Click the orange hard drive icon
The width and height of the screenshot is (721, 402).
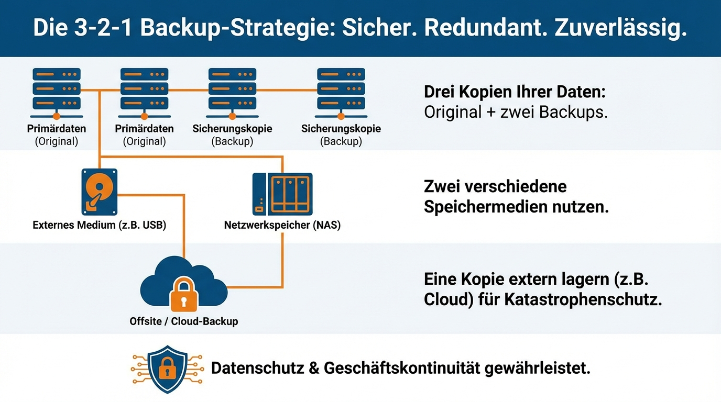(99, 192)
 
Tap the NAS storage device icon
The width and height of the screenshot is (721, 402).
(282, 194)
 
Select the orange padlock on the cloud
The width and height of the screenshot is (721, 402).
(184, 295)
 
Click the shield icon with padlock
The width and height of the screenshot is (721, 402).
(168, 369)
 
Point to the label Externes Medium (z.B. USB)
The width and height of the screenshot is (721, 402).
(99, 226)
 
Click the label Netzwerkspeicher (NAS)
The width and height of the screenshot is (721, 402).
(282, 226)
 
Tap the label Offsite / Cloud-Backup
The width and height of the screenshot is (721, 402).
(184, 321)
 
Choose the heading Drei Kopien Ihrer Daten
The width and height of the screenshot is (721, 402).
(515, 92)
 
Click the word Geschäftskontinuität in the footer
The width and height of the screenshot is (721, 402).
(402, 368)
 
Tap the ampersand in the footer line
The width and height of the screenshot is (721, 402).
(314, 368)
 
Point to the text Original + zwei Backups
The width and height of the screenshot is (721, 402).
(516, 112)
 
